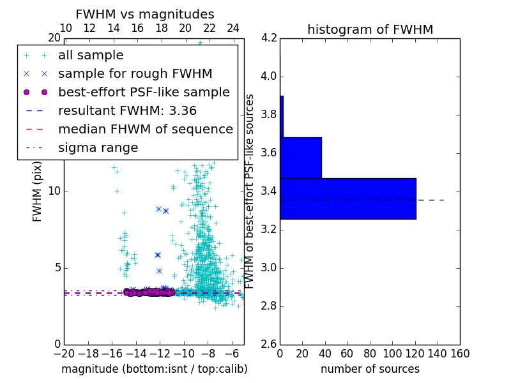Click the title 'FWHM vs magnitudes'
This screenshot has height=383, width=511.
pos(145,14)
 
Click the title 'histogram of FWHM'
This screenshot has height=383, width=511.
pos(370,29)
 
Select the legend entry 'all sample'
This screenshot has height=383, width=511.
pos(91,56)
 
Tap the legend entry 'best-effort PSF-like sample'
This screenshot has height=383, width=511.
pos(144,92)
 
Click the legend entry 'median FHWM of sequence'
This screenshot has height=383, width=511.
pos(145,129)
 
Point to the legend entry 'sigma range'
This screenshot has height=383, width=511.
pos(98,147)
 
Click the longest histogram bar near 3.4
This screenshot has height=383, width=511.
pos(347,199)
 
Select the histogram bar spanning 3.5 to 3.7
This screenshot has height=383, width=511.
pos(300,158)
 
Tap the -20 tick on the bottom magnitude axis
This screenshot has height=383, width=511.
pos(64,353)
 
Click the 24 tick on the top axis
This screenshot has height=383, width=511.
pos(233,28)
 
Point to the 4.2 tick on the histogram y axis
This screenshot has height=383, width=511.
pos(268,38)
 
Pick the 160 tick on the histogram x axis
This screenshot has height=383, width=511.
pos(460,353)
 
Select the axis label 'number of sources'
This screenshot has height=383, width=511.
pos(370,369)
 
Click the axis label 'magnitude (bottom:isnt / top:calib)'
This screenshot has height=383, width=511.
pos(154,369)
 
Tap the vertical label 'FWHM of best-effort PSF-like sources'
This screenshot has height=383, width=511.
pos(250,191)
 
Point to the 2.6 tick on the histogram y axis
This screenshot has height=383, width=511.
pos(268,344)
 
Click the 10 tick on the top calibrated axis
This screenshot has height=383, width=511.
pos(65,28)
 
